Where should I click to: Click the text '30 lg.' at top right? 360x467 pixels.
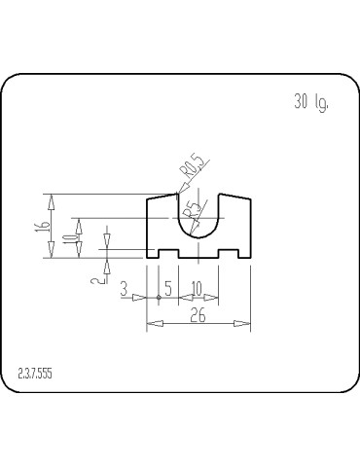pos(310,102)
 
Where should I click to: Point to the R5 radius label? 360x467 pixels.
pos(194,211)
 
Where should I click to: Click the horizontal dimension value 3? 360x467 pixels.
pos(124,289)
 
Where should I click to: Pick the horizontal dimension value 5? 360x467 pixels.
pos(167,289)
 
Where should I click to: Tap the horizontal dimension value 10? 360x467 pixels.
pos(197,289)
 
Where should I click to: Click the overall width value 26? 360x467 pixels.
pos(197,315)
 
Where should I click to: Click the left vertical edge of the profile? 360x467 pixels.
pos(146,229)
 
